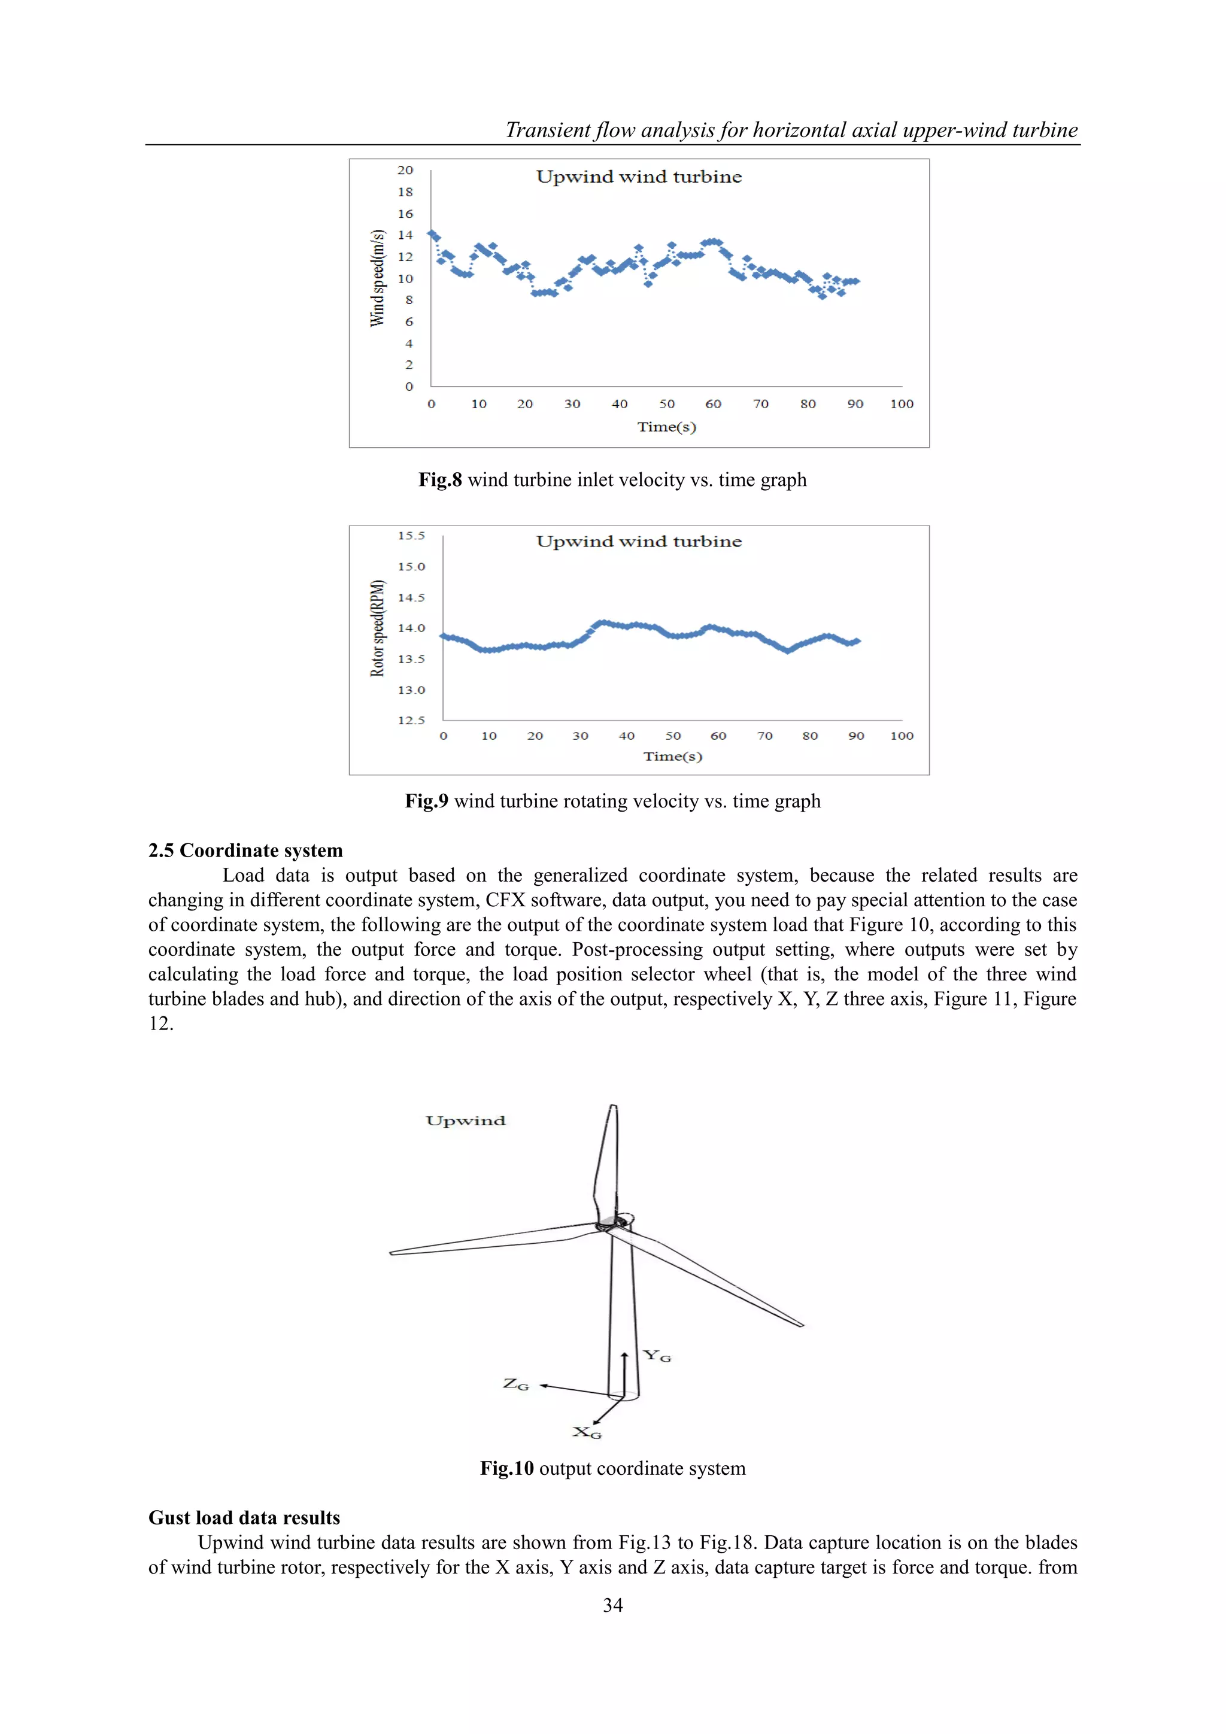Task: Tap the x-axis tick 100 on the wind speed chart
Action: [x=901, y=404]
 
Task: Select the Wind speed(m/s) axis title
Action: [x=377, y=278]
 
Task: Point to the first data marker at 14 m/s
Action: [x=432, y=234]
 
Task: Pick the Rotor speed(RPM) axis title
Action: [x=377, y=628]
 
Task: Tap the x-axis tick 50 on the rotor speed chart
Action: [x=672, y=736]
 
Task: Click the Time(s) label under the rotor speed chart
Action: [x=672, y=756]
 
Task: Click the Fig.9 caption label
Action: [x=426, y=801]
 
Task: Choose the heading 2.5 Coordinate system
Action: [x=245, y=851]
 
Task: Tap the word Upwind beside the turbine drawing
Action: [x=465, y=1120]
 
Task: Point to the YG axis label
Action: [x=657, y=1356]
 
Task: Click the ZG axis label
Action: [x=516, y=1384]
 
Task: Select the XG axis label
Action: [x=587, y=1432]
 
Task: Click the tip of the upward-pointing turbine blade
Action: [x=612, y=1107]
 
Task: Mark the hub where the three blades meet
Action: [x=608, y=1225]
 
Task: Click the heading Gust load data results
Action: [x=244, y=1518]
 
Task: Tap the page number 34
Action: [x=612, y=1606]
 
